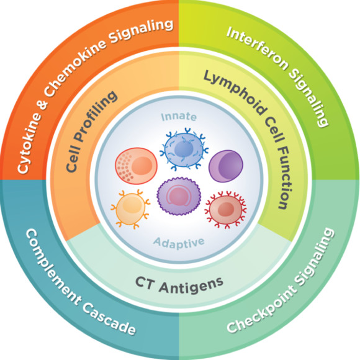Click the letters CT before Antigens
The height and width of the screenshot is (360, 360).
tap(145, 281)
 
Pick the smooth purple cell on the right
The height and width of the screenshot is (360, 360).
tap(226, 166)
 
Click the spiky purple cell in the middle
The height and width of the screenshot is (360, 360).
tap(179, 196)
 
